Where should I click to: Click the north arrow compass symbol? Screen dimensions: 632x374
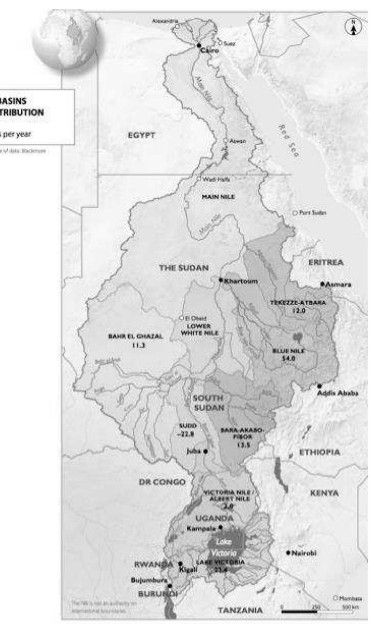pos(353,27)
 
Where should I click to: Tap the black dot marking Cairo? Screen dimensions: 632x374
pos(199,45)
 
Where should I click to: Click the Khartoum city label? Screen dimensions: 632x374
pos(241,281)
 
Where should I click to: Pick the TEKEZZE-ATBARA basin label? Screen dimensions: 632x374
pos(298,303)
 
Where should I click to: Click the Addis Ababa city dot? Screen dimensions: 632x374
pos(319,386)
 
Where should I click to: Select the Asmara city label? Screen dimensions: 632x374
pos(339,285)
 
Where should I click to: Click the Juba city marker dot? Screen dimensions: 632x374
pos(205,451)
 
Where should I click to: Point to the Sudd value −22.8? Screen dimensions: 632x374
pos(187,434)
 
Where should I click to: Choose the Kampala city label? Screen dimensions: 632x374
pos(201,528)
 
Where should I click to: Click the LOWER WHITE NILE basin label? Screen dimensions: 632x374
pos(199,330)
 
